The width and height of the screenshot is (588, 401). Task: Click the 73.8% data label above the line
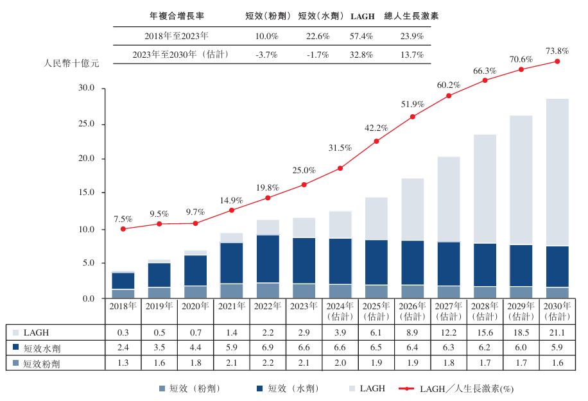click(557, 51)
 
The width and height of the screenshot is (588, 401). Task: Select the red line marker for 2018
click(123, 229)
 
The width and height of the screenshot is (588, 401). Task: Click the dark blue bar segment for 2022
click(267, 259)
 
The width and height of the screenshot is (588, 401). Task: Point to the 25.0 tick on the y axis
click(86, 124)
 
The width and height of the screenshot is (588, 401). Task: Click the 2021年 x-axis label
click(231, 307)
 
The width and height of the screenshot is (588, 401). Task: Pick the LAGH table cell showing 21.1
click(557, 332)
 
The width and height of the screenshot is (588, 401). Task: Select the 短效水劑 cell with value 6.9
click(267, 348)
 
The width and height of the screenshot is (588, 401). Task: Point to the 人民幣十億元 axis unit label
click(71, 64)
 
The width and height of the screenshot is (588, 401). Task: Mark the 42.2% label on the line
click(376, 128)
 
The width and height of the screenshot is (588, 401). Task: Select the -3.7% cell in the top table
click(266, 55)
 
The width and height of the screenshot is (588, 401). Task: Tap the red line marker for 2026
click(412, 117)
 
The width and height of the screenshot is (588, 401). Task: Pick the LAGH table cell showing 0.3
click(123, 332)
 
